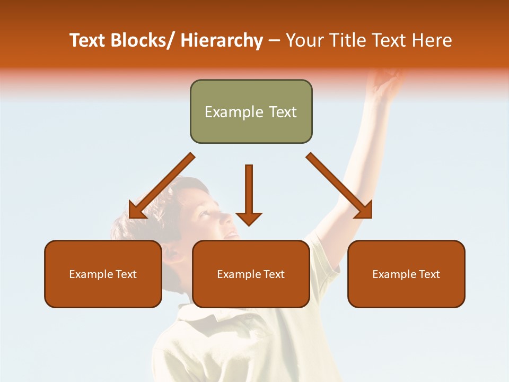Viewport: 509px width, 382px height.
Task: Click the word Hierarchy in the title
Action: (x=222, y=40)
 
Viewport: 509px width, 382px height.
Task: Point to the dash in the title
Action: (x=274, y=41)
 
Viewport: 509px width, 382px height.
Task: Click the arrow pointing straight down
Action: (x=249, y=196)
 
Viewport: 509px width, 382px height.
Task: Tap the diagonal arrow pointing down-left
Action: (x=159, y=188)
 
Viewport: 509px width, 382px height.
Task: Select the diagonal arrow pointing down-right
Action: (x=339, y=186)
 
